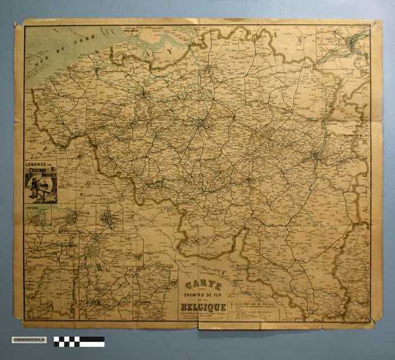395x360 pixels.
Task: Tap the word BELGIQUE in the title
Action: [203, 307]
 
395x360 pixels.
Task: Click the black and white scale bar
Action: [79, 341]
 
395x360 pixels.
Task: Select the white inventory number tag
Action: [29, 340]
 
